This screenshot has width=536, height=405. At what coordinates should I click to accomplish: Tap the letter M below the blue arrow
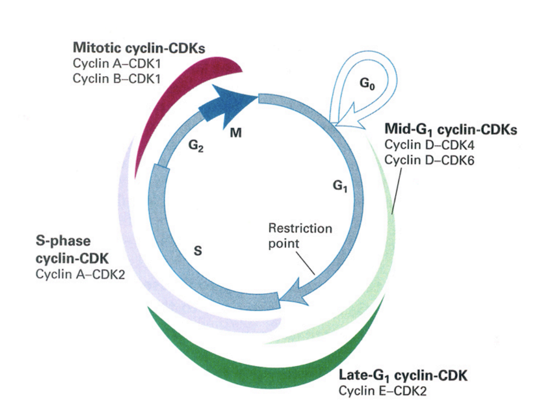(x=236, y=134)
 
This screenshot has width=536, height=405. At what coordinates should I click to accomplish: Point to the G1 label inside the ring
(x=340, y=186)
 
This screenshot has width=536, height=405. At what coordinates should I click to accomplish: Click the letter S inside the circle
(x=198, y=251)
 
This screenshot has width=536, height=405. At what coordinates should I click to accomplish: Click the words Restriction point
(x=300, y=236)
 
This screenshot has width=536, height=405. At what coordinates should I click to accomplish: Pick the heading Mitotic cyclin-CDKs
(x=139, y=49)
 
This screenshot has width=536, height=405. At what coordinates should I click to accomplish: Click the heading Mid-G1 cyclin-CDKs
(x=450, y=129)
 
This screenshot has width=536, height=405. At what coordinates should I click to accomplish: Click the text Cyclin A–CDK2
(x=80, y=274)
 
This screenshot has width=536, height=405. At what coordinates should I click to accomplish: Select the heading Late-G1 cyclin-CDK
(x=403, y=375)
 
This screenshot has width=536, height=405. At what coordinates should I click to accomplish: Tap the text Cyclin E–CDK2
(x=382, y=390)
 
